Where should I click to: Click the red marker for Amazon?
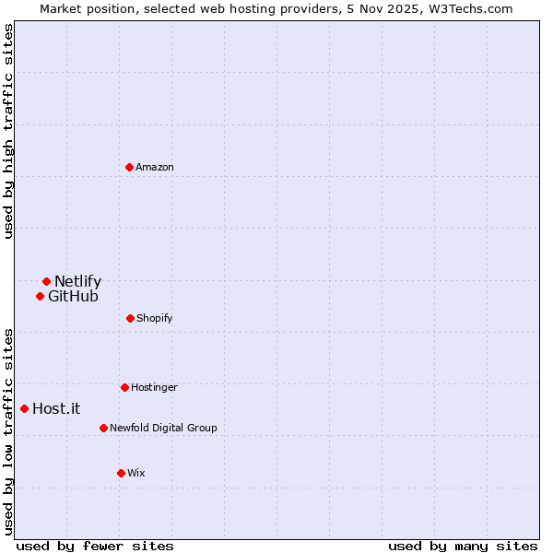tap(129, 167)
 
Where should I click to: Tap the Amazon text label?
tap(154, 167)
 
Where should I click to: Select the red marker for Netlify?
tap(46, 281)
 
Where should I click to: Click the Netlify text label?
tap(77, 281)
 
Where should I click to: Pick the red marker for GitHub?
tap(40, 296)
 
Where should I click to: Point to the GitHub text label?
tap(73, 296)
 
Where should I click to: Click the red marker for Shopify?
tap(130, 318)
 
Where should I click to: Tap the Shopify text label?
tap(154, 318)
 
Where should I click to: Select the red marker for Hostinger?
tap(124, 387)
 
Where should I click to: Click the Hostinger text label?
tap(154, 387)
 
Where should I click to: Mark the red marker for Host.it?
tap(24, 408)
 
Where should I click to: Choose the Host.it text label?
tap(56, 408)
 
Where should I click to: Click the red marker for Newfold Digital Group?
tap(103, 428)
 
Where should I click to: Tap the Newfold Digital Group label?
tap(163, 428)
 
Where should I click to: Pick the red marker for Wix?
tap(121, 473)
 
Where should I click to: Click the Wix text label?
tap(135, 473)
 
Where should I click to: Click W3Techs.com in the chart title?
tap(467, 8)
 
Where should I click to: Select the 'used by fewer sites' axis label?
tap(95, 546)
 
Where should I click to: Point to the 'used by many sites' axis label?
tap(463, 546)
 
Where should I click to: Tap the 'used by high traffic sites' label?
tap(8, 132)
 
